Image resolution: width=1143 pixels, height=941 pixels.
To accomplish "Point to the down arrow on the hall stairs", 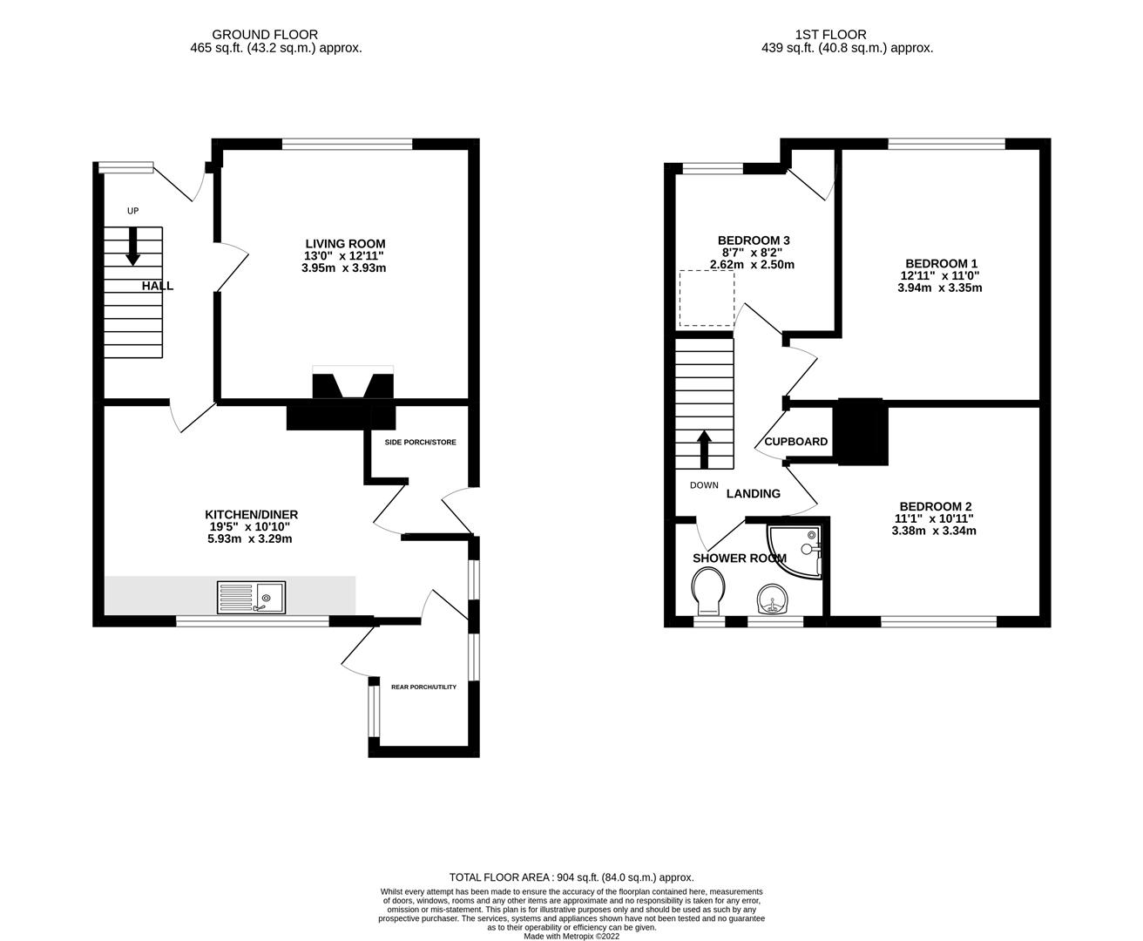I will tap(132, 246).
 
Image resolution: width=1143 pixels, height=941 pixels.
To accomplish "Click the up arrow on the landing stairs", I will tap(703, 448).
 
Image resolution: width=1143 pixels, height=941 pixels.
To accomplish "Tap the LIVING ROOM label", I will tap(345, 243).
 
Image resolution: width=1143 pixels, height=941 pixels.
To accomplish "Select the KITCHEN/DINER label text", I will tap(252, 514).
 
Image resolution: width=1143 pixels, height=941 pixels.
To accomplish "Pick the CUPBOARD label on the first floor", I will tap(795, 442).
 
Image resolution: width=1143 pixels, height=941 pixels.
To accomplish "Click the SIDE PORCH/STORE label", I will tap(420, 442).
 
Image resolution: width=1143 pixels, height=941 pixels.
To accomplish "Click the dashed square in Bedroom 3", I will tap(707, 298).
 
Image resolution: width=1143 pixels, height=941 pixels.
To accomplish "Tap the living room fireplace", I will tap(353, 384).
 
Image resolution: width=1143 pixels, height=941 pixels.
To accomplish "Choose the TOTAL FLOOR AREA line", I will tap(571, 877).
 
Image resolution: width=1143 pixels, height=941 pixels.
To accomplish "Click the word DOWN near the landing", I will tap(704, 485).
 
